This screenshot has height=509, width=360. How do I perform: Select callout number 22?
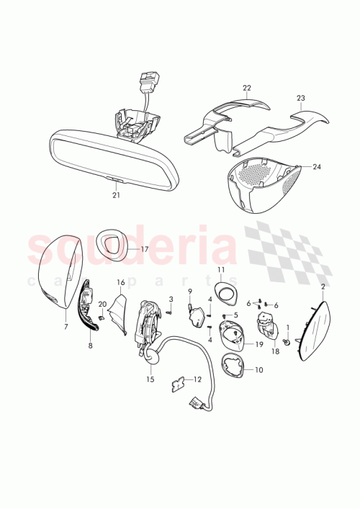[x=247, y=89]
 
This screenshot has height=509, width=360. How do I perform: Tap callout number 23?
[x=301, y=99]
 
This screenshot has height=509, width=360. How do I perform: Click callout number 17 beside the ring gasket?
[x=144, y=249]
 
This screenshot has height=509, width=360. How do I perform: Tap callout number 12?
[x=197, y=379]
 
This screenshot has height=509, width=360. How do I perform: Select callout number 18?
[x=274, y=352]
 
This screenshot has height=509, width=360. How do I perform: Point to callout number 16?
[x=121, y=282]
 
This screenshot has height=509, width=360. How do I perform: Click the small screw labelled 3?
[x=167, y=312]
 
